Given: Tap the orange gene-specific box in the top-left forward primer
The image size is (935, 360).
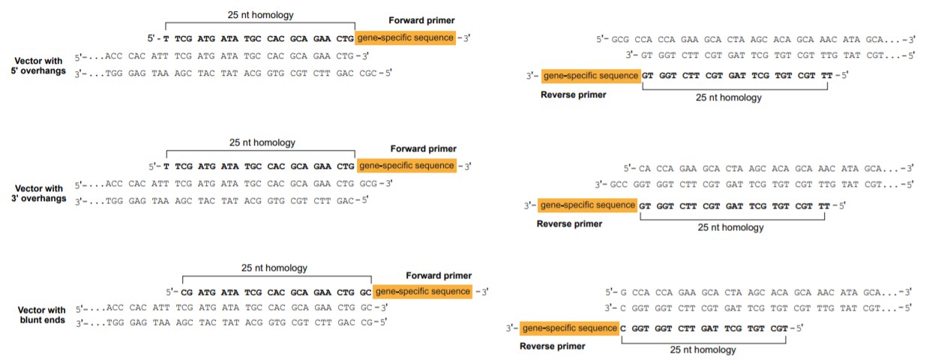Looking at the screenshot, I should click(x=405, y=37).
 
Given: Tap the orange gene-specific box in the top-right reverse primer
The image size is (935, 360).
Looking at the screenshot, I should click(x=590, y=76).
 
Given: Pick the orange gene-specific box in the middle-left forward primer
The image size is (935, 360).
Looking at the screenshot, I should click(x=406, y=166).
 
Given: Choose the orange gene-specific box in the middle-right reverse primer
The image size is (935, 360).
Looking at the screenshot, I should click(x=588, y=205).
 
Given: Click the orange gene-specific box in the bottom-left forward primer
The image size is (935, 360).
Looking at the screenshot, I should click(x=423, y=291).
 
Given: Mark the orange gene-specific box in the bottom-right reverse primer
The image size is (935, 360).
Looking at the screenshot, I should click(x=569, y=328).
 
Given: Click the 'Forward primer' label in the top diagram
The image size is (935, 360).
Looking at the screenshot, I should click(x=422, y=21).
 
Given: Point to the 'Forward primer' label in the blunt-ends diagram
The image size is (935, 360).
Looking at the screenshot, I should click(x=439, y=275).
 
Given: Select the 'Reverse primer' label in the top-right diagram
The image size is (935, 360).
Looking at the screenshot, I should click(x=572, y=95).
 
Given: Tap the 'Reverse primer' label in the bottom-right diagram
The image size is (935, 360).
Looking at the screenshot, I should click(x=553, y=346).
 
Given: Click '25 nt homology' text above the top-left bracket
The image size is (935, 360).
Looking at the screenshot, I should click(x=260, y=14).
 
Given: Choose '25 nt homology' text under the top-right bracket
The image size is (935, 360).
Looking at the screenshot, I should click(x=729, y=97).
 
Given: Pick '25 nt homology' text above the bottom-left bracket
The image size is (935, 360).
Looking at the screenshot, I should click(x=274, y=268).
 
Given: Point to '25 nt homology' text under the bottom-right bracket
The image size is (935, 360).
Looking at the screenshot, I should click(x=703, y=349).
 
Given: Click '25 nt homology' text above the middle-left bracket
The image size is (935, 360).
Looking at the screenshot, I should click(x=262, y=142).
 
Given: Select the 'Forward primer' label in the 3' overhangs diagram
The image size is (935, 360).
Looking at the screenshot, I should click(x=423, y=149).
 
